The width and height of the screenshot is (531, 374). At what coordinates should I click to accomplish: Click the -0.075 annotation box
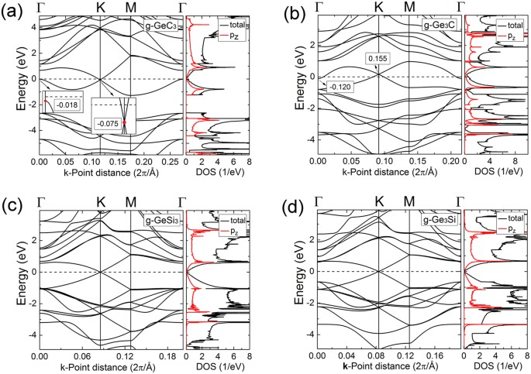point(109,123)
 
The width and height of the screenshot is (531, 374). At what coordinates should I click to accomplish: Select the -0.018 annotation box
point(67,105)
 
